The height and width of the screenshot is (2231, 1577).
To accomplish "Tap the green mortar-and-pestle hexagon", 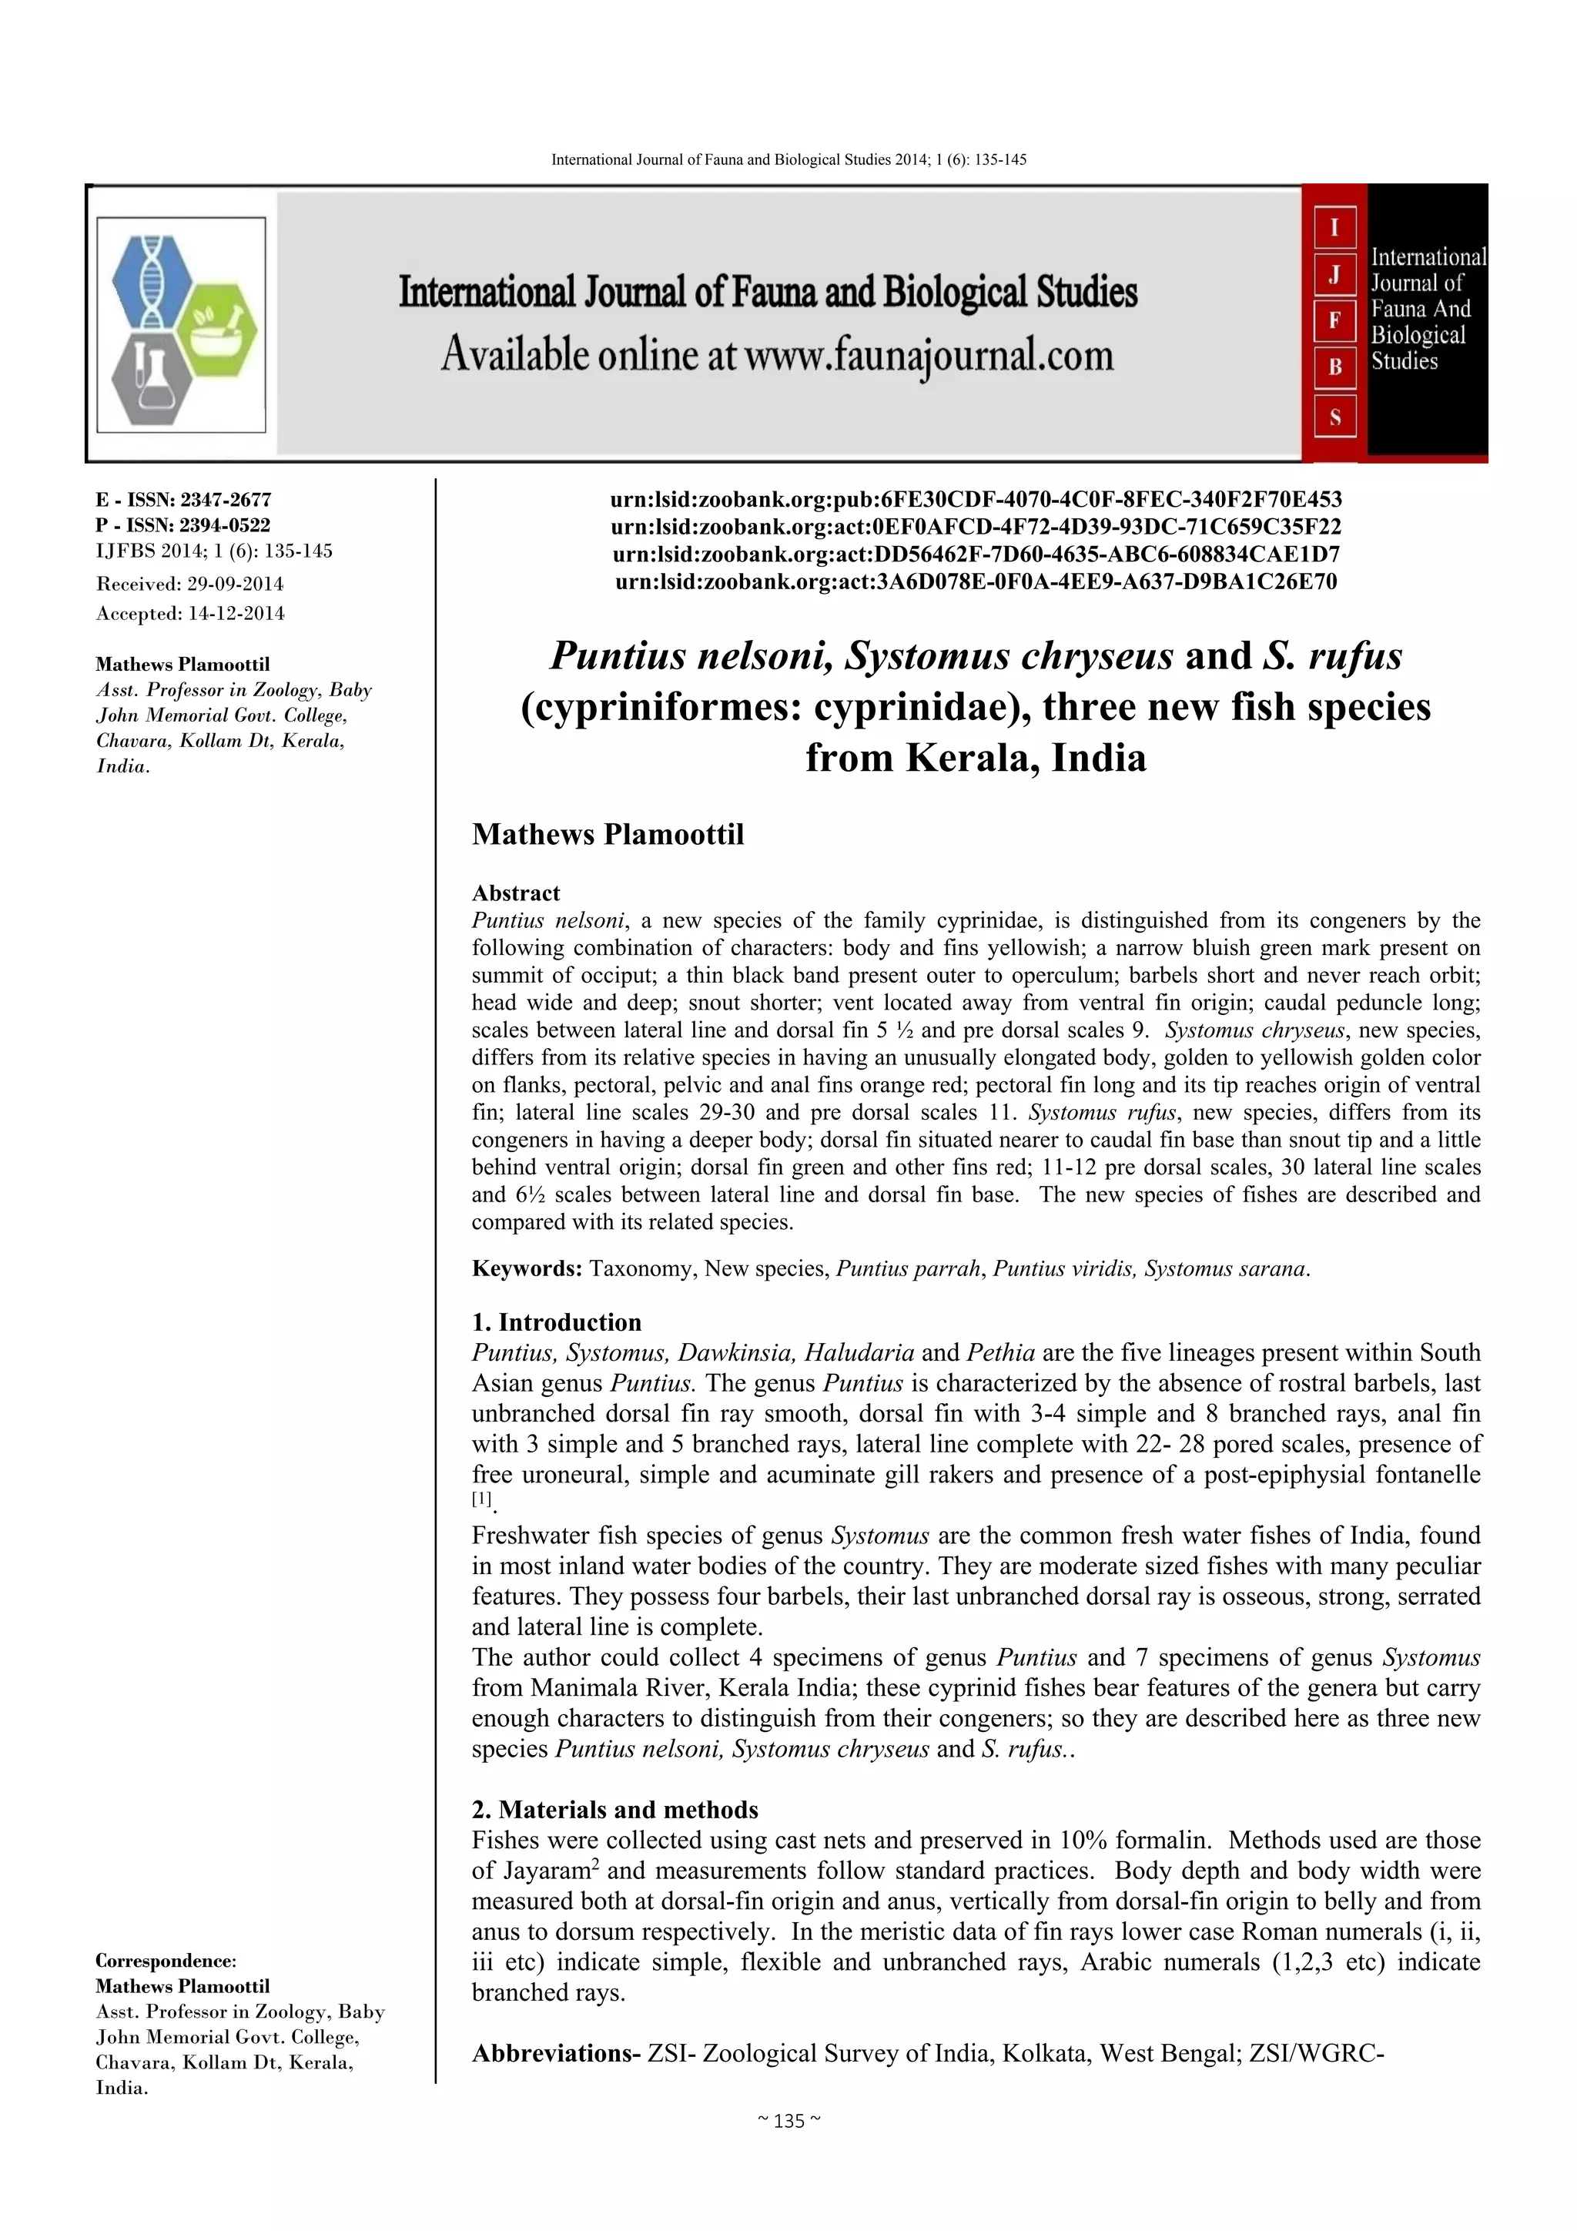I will (219, 330).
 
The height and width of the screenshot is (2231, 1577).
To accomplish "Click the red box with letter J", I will (1334, 275).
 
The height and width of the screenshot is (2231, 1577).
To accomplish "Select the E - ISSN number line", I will (183, 500).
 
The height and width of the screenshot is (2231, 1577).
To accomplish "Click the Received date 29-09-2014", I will (189, 584).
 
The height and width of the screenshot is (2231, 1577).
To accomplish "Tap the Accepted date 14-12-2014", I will (190, 613).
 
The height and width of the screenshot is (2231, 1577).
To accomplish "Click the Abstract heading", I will (516, 893).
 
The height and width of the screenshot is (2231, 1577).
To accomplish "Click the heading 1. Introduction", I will (557, 1322).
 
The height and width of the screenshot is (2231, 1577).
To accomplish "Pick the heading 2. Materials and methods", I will (615, 1809).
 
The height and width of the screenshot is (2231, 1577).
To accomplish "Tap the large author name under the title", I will (608, 835).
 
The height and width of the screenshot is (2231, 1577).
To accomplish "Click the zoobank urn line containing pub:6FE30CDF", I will (976, 500).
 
